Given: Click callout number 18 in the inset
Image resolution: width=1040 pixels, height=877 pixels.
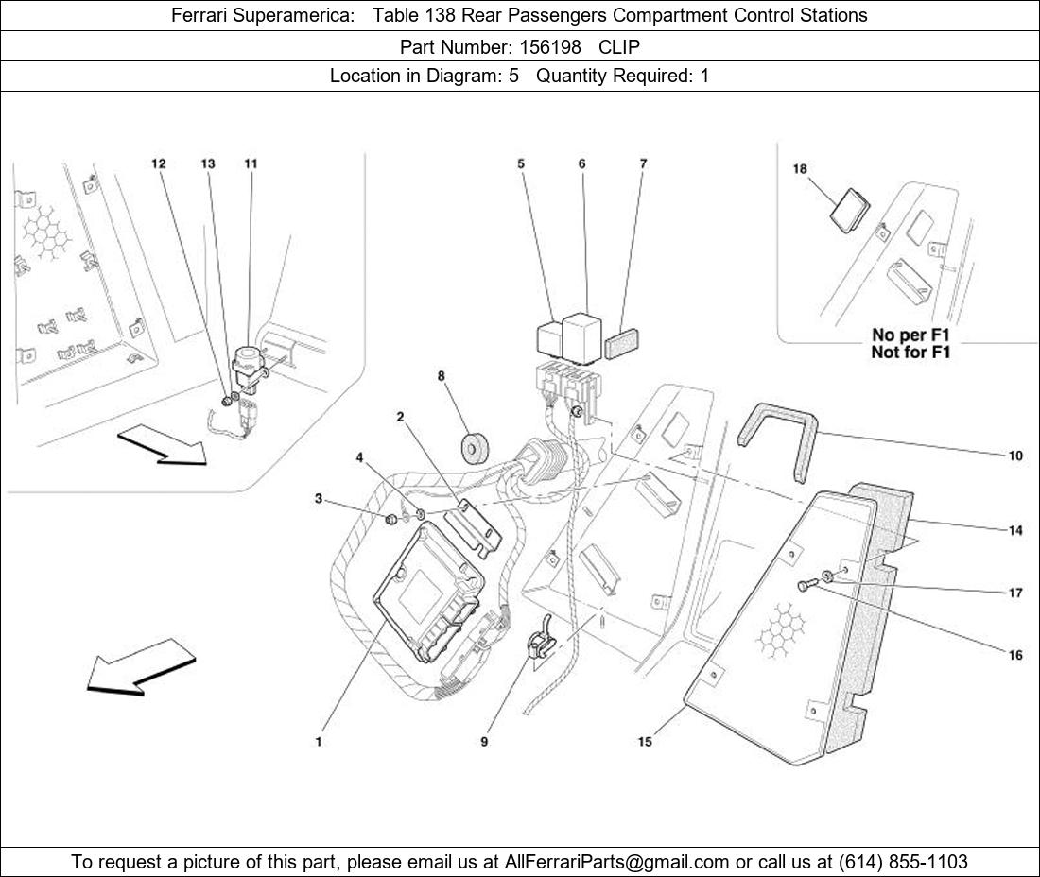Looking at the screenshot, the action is coord(800,169).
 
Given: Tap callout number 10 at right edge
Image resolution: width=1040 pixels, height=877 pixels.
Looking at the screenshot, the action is coord(1015,456).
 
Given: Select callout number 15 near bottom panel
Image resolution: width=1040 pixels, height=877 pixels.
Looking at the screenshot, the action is coord(646,742).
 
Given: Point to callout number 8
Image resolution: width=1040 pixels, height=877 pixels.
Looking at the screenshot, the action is coord(442,376).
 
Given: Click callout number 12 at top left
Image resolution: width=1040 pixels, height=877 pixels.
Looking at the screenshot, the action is coord(159,163).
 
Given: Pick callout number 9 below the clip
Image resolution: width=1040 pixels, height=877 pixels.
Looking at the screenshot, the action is coord(484,742).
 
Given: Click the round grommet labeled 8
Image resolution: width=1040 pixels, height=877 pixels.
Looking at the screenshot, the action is coord(475,447).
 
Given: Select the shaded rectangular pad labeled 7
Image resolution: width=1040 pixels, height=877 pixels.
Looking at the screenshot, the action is coord(621,343).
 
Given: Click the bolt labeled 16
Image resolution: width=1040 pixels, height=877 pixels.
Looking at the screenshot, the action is coord(804,585).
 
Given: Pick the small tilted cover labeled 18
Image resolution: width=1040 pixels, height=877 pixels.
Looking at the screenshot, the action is coord(850,210).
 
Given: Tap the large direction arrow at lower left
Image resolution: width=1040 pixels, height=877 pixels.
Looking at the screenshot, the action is coord(141,667).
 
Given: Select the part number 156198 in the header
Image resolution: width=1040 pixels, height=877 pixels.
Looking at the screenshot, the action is coord(550,47).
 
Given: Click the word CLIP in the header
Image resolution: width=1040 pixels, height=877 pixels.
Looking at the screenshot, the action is coord(619,47).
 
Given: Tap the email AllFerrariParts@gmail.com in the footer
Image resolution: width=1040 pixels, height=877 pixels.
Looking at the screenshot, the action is coord(616,862).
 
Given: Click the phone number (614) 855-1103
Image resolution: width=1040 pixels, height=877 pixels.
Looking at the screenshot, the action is coord(903,862).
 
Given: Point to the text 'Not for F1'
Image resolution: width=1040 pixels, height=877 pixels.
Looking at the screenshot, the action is coord(910,352).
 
